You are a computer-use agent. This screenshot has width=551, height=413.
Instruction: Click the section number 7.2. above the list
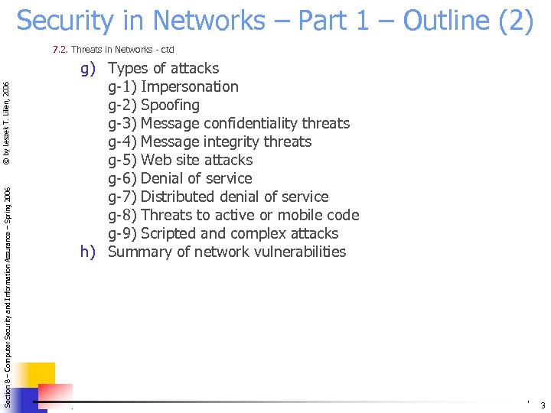pos(60,50)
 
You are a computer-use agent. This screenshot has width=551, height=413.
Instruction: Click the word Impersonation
pos(190,86)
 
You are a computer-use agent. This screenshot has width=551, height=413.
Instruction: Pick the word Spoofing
pos(170,105)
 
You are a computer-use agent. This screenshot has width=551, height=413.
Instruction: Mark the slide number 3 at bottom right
pos(543,405)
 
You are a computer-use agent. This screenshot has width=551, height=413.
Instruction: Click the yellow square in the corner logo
pos(37,378)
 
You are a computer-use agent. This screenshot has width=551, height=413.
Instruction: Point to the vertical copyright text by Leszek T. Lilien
pos(6,122)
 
